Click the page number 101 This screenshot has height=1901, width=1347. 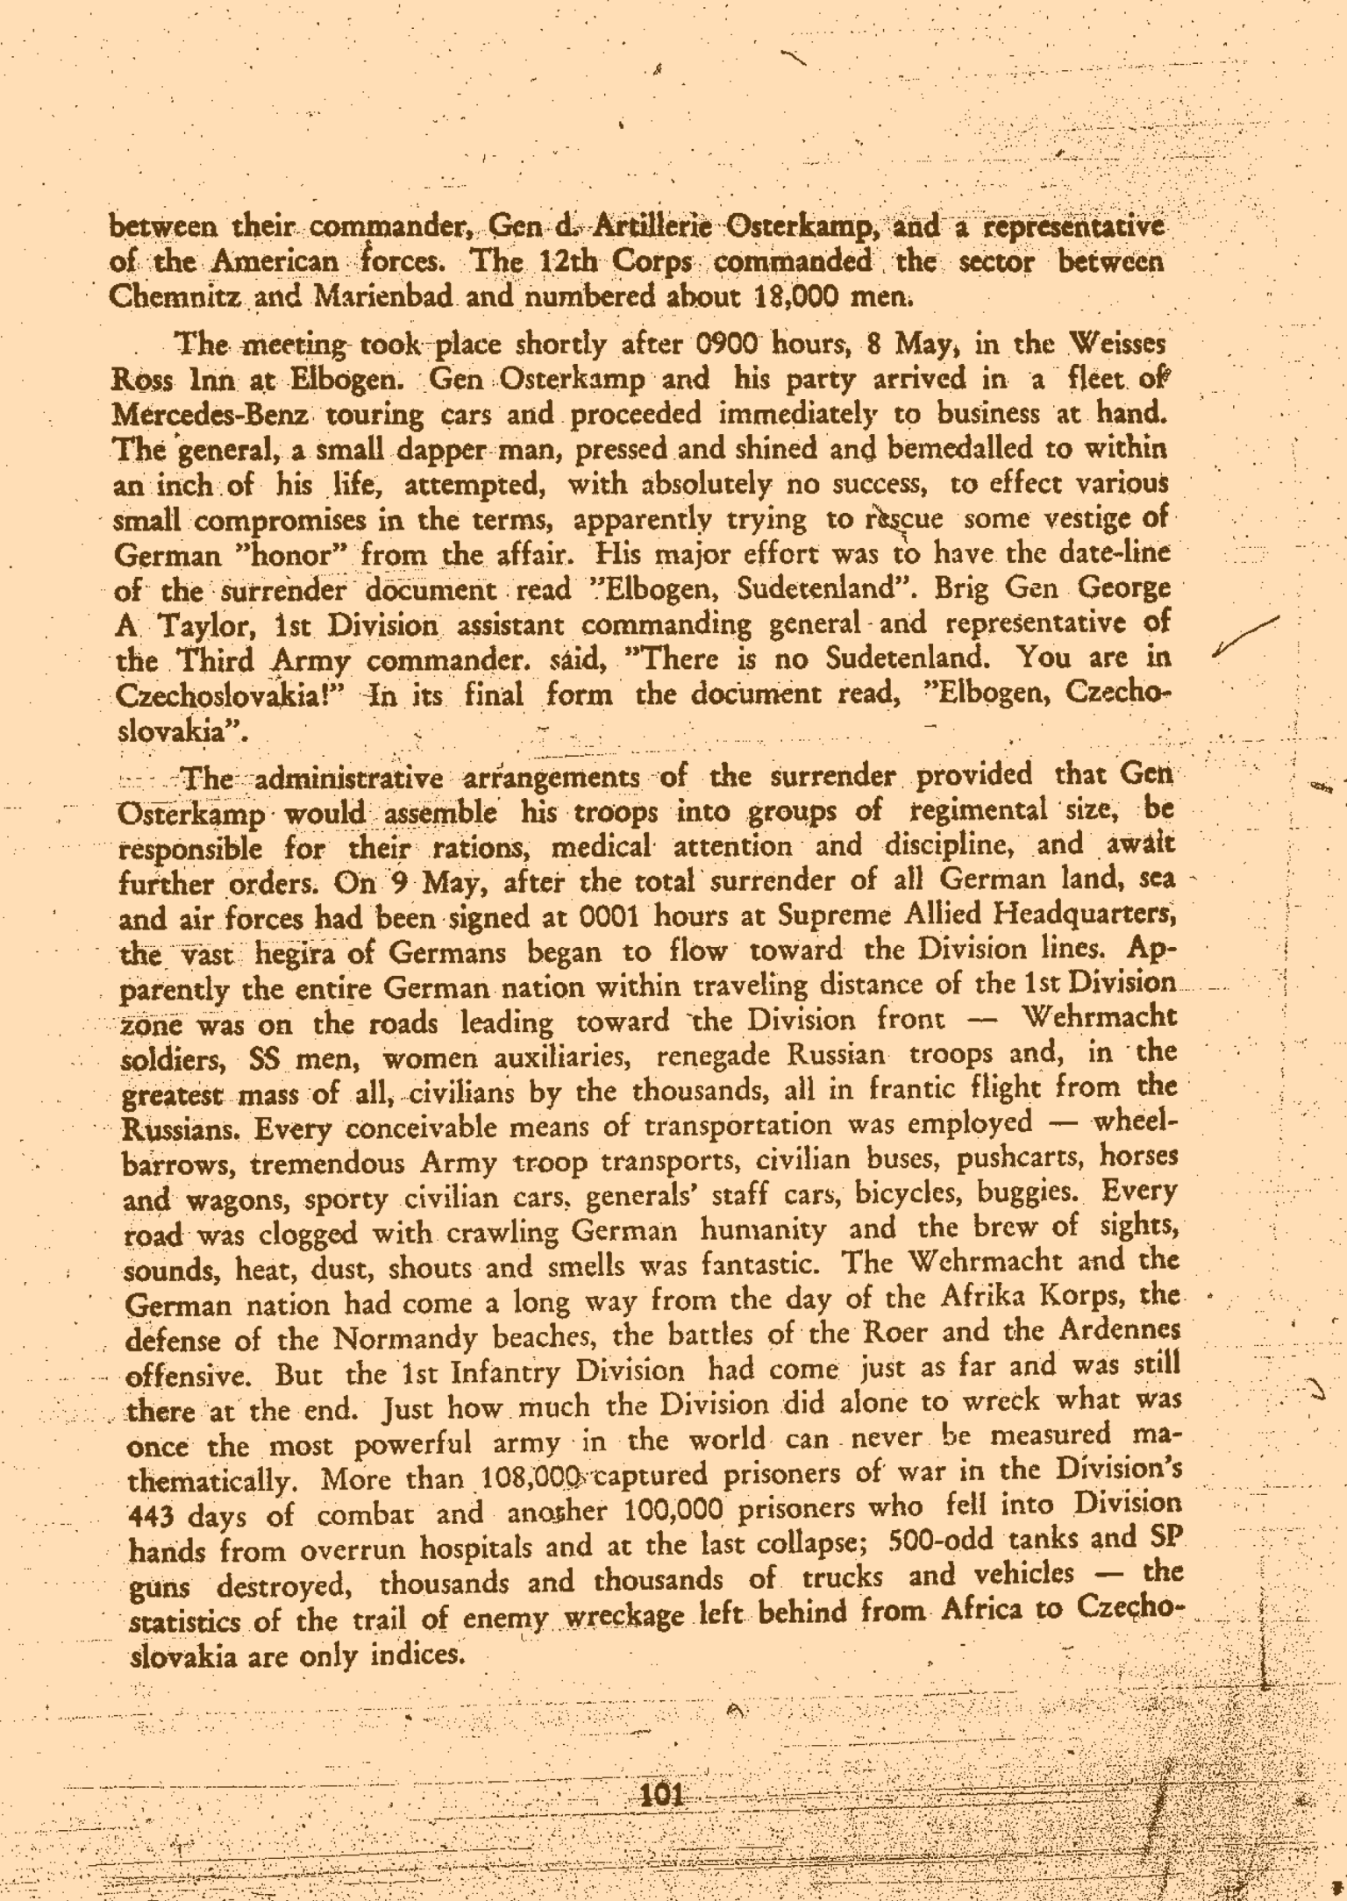pos(662,1791)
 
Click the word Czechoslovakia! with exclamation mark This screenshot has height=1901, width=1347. pos(232,695)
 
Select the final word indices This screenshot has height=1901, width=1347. pos(417,1655)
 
